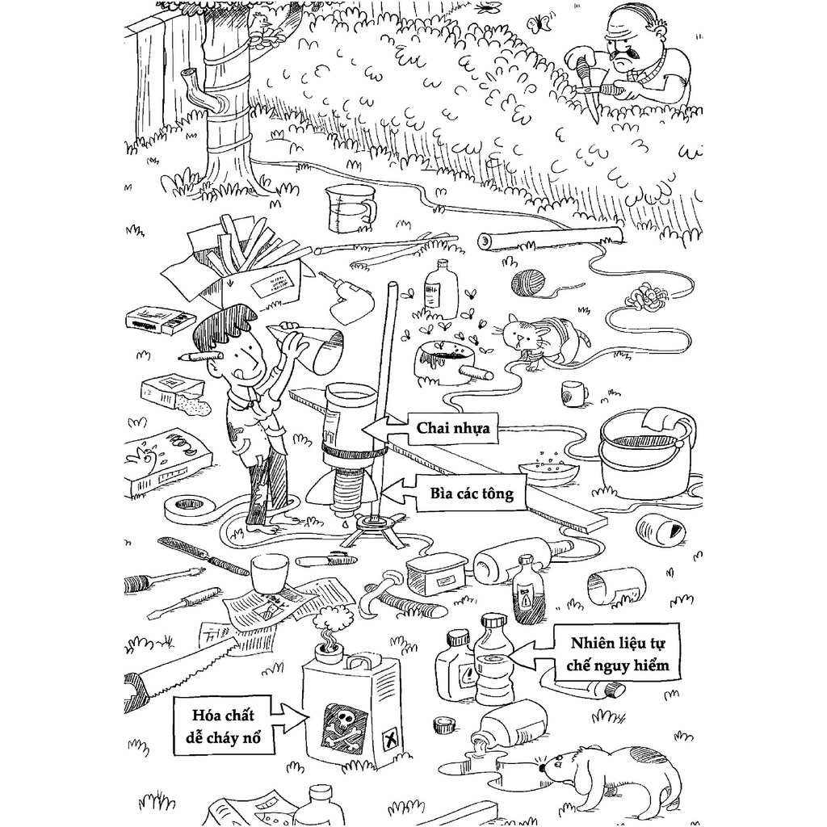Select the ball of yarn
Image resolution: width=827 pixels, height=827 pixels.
[x=527, y=281]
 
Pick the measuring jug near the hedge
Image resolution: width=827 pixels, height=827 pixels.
[x=347, y=207]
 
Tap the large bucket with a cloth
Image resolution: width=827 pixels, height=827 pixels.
[x=644, y=450]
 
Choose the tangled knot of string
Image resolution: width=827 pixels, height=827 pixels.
[x=647, y=299]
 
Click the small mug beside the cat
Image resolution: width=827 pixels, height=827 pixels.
[x=573, y=393]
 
